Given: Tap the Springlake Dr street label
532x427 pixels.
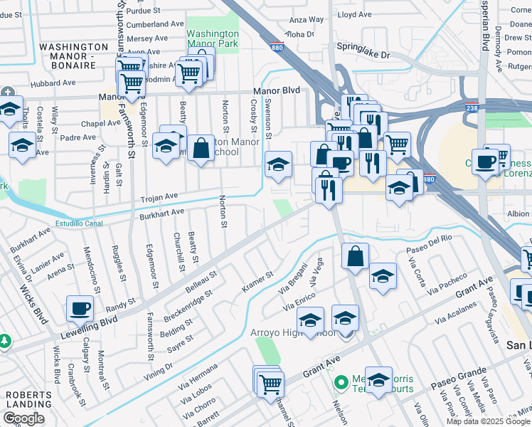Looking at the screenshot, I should pos(364,54).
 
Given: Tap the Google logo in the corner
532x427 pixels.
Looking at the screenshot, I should pos(23,418).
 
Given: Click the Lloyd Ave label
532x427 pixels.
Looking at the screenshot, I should pos(355,14).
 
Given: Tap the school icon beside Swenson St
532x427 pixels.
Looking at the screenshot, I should pos(278,165).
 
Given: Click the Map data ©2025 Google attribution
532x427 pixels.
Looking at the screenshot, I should pos(487,421).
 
